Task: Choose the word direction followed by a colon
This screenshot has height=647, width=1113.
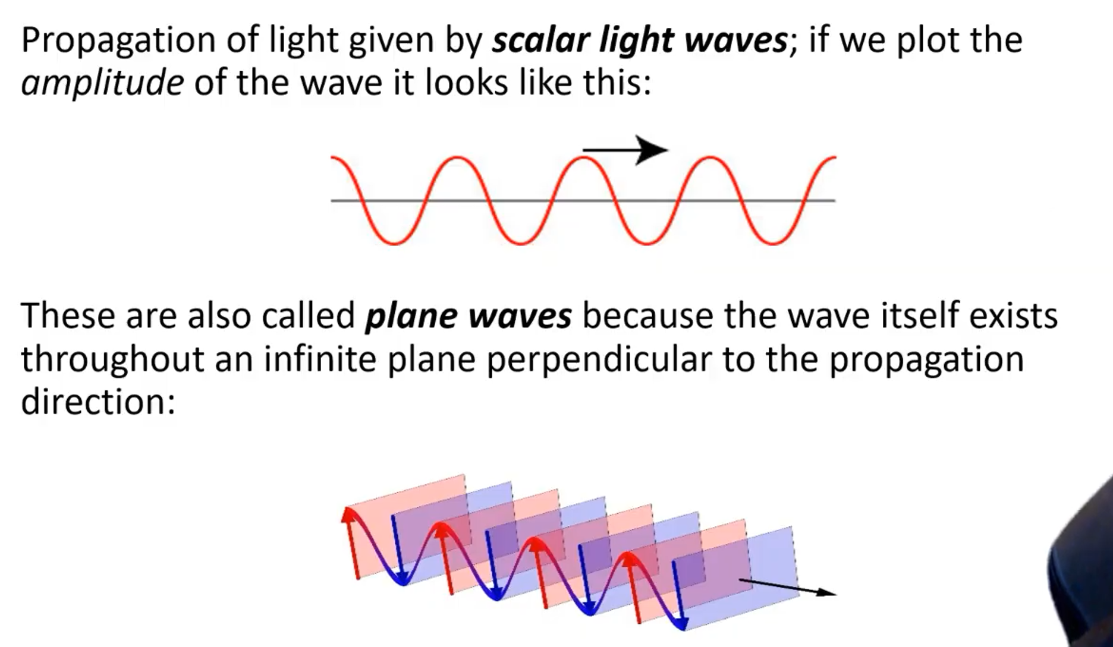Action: click(x=99, y=401)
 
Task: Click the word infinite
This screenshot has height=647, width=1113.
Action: click(x=320, y=359)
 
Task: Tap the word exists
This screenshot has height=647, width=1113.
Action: click(x=1014, y=315)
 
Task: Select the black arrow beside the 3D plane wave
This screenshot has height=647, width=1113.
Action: click(x=787, y=586)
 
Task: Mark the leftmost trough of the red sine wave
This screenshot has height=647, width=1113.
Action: click(x=394, y=243)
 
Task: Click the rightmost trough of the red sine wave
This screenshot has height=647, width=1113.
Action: click(x=773, y=243)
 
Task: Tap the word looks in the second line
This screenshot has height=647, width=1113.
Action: click(x=466, y=82)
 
